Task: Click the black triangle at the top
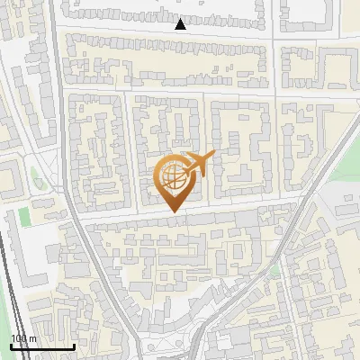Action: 181,24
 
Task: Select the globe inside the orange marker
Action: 173,178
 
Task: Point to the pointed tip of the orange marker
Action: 173,211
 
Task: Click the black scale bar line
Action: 41,347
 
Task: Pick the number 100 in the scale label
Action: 19,339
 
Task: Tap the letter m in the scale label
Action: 33,339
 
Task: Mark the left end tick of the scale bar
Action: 10,346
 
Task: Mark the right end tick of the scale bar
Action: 74,346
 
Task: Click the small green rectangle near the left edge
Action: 23,217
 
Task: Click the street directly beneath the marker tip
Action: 173,216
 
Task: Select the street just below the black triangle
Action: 180,34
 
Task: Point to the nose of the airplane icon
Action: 212,157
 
